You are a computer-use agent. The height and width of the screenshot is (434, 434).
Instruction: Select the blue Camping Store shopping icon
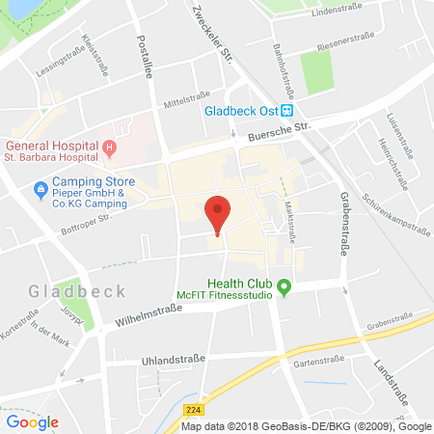point(40,187)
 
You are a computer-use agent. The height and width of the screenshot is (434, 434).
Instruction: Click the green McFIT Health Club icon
point(284,285)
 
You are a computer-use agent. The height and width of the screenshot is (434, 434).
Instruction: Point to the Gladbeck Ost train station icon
point(286,109)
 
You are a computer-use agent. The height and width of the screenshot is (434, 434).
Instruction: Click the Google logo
point(32,421)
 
